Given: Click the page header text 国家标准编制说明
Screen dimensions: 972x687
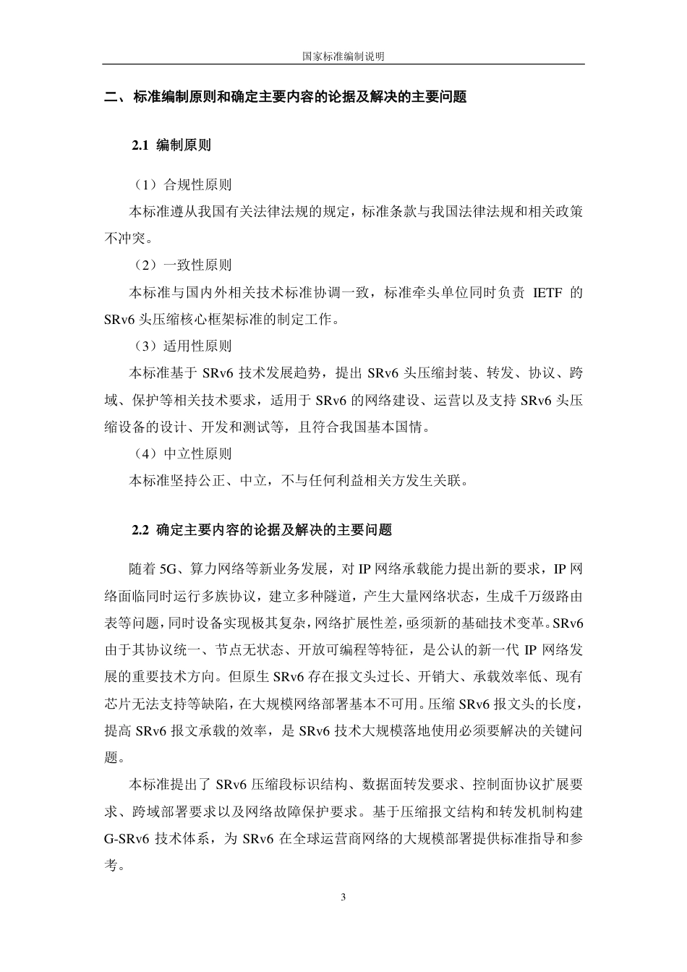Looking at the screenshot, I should click(343, 56).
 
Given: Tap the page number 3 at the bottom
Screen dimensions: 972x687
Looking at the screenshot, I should click(343, 898).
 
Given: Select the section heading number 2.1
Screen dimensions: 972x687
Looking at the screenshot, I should click(140, 145).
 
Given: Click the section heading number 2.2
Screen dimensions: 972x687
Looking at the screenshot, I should click(140, 530).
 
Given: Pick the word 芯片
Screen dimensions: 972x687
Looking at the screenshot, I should click(117, 703).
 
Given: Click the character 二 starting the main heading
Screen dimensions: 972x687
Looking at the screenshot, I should click(111, 97).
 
